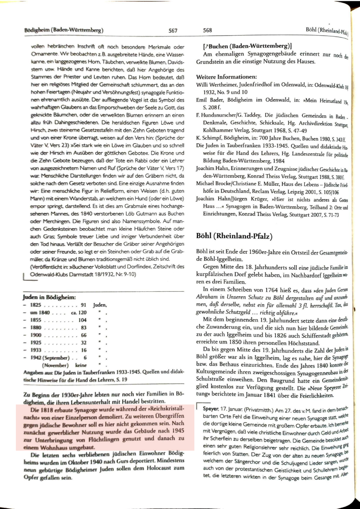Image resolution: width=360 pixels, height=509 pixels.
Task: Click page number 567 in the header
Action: coord(173,31)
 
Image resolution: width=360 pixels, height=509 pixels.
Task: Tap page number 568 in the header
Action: coord(207,30)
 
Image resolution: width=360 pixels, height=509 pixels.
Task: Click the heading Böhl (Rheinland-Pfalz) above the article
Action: coord(234,236)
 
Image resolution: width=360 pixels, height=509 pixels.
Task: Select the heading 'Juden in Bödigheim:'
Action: coord(49,297)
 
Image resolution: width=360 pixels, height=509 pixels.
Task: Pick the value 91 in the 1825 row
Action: coord(84,305)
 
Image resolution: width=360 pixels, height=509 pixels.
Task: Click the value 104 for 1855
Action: coord(82,320)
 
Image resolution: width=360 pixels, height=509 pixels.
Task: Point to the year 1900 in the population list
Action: coord(35,335)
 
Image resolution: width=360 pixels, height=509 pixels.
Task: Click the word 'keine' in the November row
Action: coord(81,365)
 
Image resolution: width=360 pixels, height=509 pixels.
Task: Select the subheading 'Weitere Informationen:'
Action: coord(226,77)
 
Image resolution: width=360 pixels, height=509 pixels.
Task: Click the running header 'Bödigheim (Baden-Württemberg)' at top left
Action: coord(64,31)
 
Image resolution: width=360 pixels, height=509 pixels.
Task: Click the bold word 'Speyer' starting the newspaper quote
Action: coord(210,408)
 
